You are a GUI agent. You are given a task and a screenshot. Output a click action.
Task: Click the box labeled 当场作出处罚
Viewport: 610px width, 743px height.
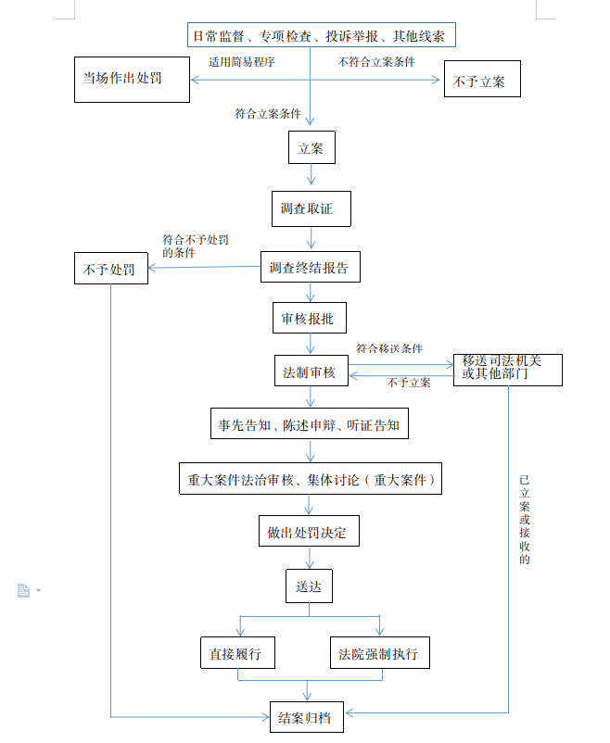[132, 80]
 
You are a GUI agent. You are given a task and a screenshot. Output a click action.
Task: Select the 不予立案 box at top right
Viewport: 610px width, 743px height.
[482, 80]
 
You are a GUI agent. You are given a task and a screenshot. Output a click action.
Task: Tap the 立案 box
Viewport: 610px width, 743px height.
[311, 148]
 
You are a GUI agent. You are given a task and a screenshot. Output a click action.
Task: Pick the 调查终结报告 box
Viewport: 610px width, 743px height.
[310, 269]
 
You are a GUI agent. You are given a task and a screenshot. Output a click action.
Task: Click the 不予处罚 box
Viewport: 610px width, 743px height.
[110, 270]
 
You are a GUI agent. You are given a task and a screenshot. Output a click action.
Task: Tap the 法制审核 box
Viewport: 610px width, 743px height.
[310, 372]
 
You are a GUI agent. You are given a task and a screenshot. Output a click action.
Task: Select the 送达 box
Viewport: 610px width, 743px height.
[308, 586]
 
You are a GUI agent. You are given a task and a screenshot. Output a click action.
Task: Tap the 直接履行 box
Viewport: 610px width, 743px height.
[237, 654]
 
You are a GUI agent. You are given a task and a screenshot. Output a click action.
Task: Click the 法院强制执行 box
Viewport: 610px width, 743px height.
[378, 654]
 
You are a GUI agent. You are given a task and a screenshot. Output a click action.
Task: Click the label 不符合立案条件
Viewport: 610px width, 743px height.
[376, 62]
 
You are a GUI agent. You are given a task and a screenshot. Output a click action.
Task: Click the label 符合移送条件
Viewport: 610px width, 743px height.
[389, 348]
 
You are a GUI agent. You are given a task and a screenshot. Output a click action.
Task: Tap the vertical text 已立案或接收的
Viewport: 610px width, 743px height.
[524, 520]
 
